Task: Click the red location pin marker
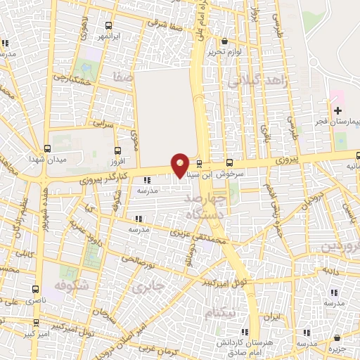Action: click(x=181, y=165)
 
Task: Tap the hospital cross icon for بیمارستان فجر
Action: click(x=338, y=110)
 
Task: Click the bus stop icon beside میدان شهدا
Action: click(x=47, y=148)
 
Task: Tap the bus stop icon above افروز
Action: click(x=118, y=150)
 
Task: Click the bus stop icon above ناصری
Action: click(x=37, y=289)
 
